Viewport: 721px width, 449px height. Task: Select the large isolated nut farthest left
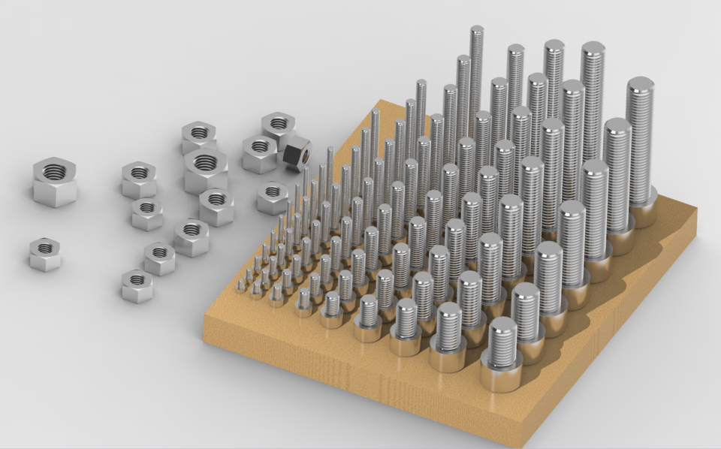click(54, 181)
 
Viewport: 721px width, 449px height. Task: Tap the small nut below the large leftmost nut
click(45, 254)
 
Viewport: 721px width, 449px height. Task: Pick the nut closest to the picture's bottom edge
click(137, 286)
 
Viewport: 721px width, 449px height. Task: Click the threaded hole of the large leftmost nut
click(53, 172)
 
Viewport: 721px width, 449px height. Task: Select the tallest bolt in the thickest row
click(640, 143)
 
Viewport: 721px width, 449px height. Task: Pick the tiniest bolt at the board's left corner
click(241, 286)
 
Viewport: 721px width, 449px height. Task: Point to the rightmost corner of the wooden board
click(695, 212)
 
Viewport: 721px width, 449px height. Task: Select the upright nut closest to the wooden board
click(273, 197)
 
